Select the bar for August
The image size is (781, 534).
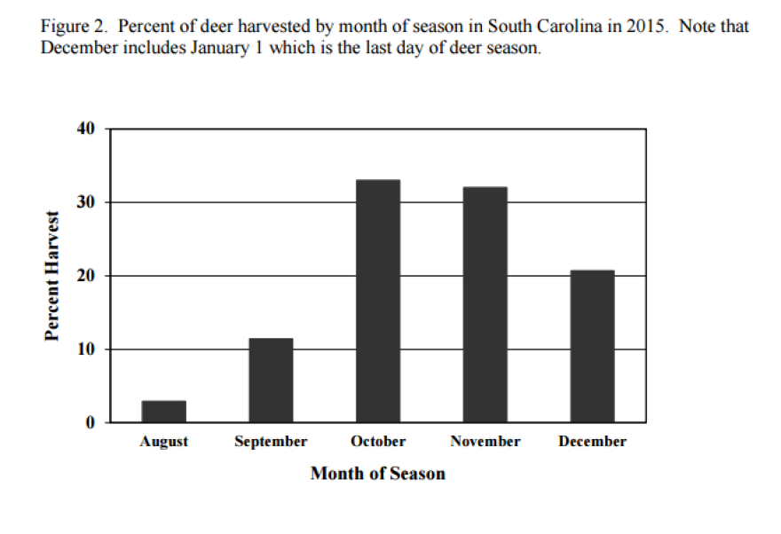click(163, 412)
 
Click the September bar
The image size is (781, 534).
click(271, 381)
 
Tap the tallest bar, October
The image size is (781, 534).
click(378, 301)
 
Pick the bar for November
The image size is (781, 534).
click(485, 304)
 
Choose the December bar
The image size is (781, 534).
click(592, 346)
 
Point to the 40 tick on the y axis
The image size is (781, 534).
click(85, 129)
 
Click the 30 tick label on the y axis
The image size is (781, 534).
click(85, 202)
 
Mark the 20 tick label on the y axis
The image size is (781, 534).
click(85, 276)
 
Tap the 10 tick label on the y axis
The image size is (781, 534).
click(85, 349)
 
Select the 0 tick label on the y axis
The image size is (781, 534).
click(90, 423)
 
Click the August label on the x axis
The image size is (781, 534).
click(163, 442)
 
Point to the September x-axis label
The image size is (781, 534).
click(271, 442)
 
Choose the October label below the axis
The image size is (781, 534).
click(378, 442)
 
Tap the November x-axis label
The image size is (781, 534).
click(485, 442)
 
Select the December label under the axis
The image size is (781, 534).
click(592, 442)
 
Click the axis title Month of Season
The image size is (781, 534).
click(377, 474)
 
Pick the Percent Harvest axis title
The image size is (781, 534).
click(52, 276)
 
